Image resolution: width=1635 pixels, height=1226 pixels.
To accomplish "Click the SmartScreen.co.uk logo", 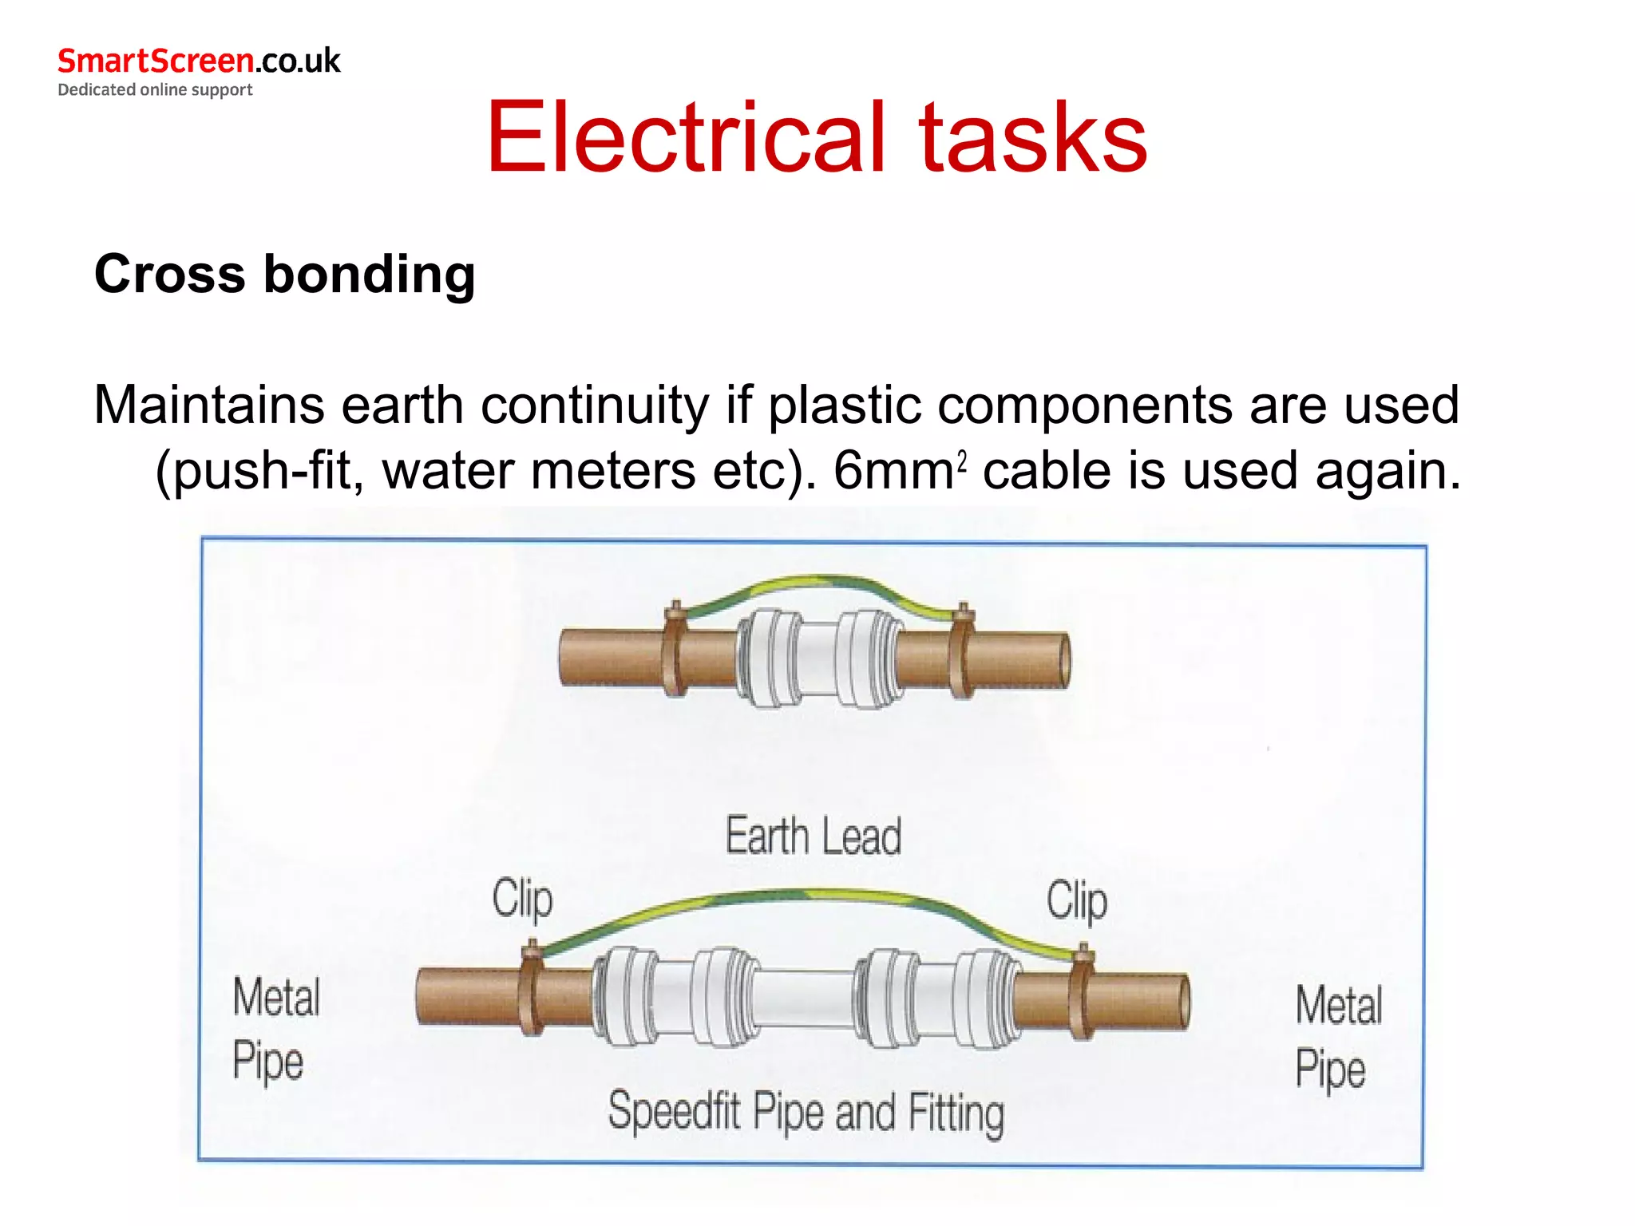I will tap(198, 61).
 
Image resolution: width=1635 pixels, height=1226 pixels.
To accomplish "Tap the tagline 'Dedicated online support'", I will tap(155, 89).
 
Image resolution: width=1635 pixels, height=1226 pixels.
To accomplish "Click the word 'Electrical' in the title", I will tap(686, 137).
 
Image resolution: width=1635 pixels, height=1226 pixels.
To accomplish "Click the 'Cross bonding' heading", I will tap(285, 274).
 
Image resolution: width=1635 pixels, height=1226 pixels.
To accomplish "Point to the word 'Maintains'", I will tap(209, 405).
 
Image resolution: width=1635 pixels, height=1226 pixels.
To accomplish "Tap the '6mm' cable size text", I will tap(893, 470).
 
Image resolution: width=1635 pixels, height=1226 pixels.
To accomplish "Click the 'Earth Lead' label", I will tap(813, 836).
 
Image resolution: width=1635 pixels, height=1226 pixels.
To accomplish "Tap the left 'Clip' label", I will tap(522, 899).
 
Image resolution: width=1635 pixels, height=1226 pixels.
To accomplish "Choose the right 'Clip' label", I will tap(1076, 901).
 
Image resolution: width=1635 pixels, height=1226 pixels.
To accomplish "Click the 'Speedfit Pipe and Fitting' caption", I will tap(805, 1111).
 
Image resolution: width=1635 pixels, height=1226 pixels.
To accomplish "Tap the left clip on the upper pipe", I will tap(675, 651).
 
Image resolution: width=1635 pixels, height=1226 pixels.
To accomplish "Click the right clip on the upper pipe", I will tap(961, 651).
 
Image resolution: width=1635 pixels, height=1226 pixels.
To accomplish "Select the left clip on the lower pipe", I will tap(531, 990).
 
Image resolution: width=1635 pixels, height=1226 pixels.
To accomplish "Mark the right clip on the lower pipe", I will tap(1083, 994).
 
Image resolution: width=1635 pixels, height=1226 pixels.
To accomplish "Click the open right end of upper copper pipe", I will tap(1063, 659).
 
